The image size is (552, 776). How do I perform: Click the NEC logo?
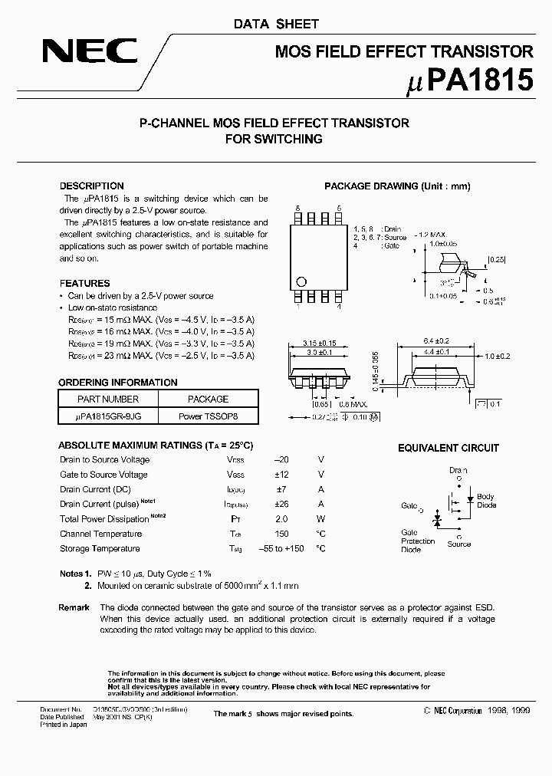tap(90, 51)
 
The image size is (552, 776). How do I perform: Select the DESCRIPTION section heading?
tap(91, 186)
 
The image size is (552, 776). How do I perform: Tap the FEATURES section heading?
tap(84, 283)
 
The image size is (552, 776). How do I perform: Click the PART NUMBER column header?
tap(108, 399)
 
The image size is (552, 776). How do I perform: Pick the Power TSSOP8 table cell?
tap(208, 416)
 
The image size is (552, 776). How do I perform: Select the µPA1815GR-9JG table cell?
tap(108, 416)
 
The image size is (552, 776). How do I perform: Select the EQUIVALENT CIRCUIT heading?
tap(448, 448)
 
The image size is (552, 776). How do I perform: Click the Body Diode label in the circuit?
tap(486, 501)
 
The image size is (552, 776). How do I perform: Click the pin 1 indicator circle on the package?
tap(301, 281)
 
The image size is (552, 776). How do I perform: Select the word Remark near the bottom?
tap(74, 607)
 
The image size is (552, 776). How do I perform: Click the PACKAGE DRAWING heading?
tap(397, 186)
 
